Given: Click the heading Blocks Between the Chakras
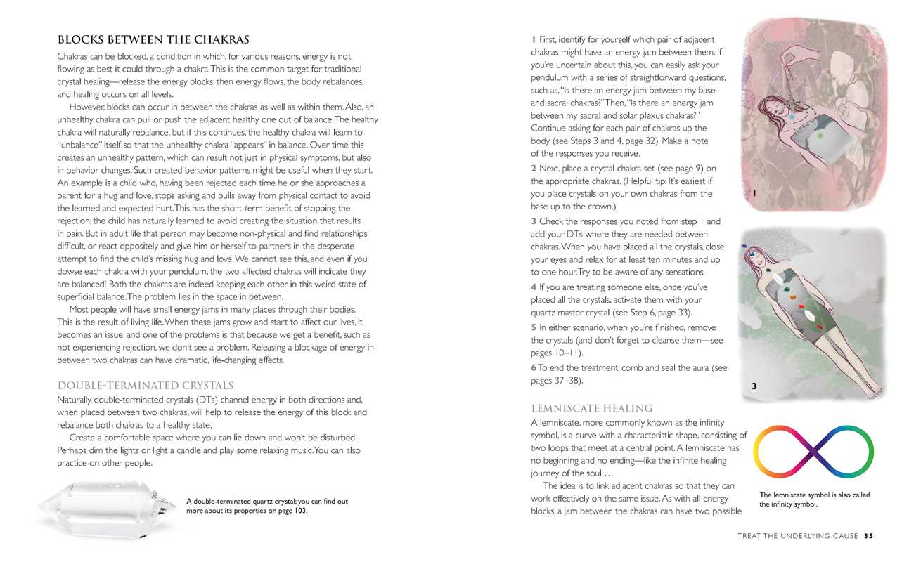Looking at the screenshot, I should (x=153, y=40).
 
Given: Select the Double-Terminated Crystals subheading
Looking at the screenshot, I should (x=145, y=386).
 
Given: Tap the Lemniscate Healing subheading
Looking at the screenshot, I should (x=591, y=408).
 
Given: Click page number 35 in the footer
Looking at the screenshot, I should (x=868, y=536).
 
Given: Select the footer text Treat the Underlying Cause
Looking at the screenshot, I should (x=797, y=536).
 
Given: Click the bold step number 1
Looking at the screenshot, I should (x=534, y=39).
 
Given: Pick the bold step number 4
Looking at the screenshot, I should (x=534, y=287).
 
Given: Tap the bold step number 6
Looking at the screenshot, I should (x=534, y=368).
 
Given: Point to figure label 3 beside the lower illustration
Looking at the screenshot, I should (x=754, y=386).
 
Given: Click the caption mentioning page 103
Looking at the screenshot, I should (x=267, y=506).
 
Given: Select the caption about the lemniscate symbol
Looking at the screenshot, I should (x=814, y=499).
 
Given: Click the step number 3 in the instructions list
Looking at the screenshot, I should (x=534, y=221).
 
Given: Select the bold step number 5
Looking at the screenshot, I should (x=534, y=327).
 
